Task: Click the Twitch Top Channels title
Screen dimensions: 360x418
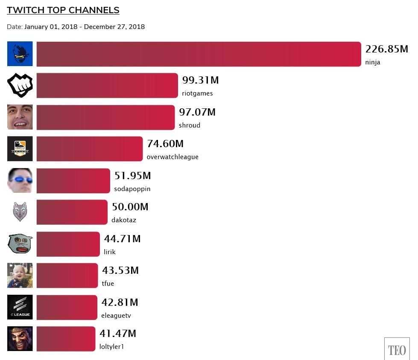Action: [63, 10]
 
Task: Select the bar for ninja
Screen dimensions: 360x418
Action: [199, 54]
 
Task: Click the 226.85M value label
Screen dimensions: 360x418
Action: [386, 49]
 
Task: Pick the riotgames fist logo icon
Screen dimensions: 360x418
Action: [20, 85]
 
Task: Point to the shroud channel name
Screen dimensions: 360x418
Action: [190, 125]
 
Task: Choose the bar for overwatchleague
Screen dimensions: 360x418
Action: [90, 149]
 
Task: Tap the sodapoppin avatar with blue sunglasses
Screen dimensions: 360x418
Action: [20, 180]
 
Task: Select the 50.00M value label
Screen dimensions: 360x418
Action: [130, 207]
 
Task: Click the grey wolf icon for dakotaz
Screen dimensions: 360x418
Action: [20, 212]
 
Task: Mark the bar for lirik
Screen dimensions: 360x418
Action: [68, 244]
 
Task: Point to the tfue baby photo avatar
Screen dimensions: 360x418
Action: [20, 276]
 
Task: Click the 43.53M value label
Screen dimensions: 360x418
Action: [120, 270]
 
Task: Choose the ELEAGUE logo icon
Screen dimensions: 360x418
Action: [20, 307]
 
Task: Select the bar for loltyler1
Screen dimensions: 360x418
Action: [66, 339]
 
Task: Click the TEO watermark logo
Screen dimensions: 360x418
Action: [397, 349]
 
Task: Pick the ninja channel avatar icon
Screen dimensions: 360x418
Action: [20, 54]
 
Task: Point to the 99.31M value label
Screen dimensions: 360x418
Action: [200, 80]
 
